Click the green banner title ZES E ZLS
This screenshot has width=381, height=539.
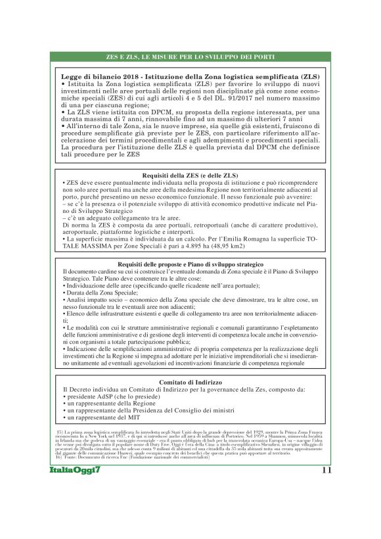click(x=190, y=57)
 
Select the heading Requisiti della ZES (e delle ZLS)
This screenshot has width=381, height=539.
click(x=190, y=176)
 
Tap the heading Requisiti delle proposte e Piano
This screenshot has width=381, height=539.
click(x=190, y=264)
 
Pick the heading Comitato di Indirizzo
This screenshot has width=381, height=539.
click(x=190, y=382)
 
